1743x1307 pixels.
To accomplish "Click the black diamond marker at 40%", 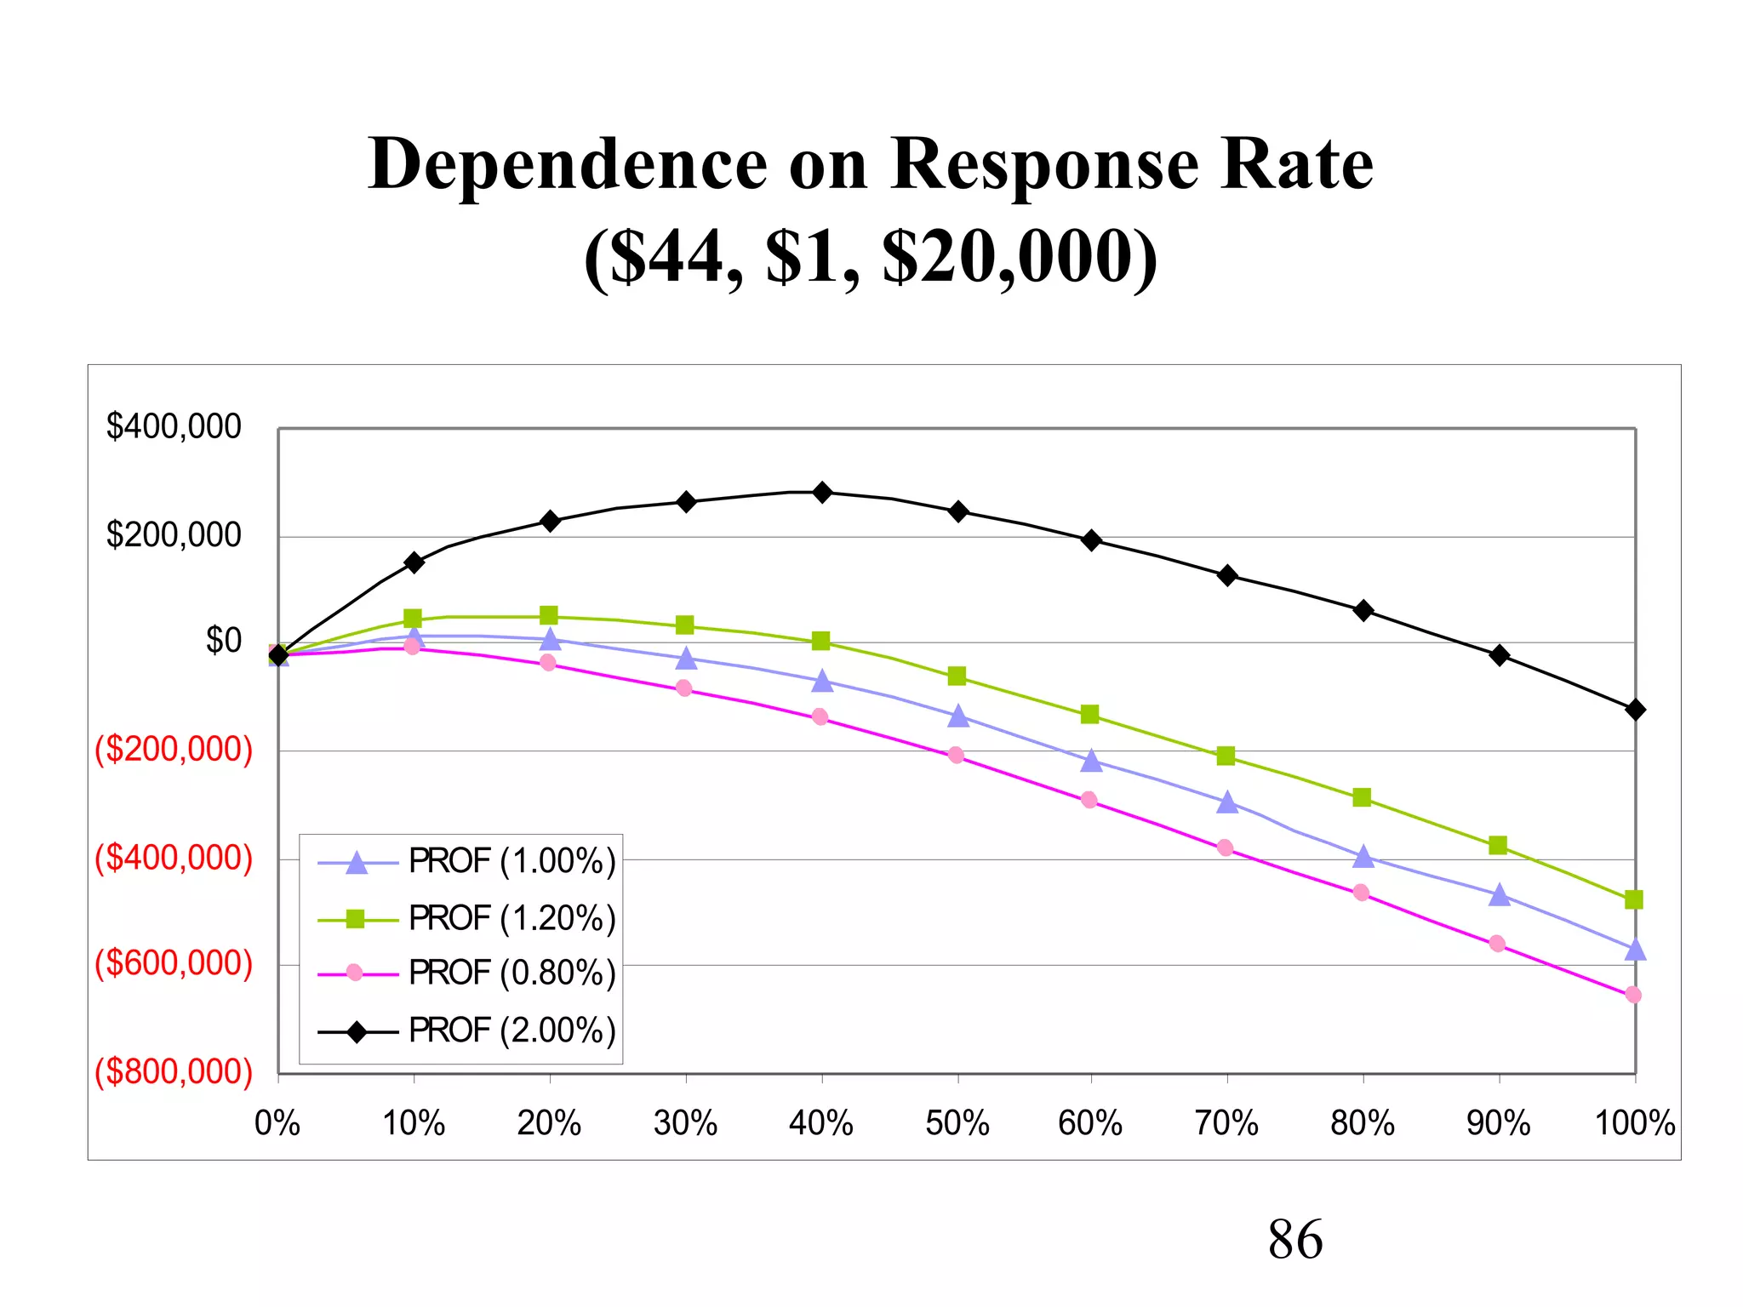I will [x=822, y=493].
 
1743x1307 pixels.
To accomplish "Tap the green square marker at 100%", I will [x=1633, y=899].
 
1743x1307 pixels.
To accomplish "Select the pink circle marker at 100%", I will [x=1633, y=995].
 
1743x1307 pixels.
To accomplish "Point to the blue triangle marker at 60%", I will [x=1091, y=761].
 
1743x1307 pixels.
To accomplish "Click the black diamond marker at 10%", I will [x=414, y=562].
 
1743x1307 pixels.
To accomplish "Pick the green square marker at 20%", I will [x=549, y=615].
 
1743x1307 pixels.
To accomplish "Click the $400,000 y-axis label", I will [x=174, y=426].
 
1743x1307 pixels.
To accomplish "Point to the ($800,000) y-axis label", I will [x=174, y=1072].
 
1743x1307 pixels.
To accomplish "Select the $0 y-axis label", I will [x=223, y=641].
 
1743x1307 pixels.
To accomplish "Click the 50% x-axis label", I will [x=957, y=1124].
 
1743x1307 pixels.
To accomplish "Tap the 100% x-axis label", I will [x=1634, y=1124].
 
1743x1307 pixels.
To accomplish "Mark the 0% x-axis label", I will [x=277, y=1124].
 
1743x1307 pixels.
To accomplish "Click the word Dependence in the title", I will [x=568, y=163].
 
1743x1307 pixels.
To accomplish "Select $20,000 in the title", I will [x=1019, y=257].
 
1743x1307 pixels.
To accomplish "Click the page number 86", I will [x=1294, y=1240].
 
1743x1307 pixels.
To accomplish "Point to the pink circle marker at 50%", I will [x=956, y=755].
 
